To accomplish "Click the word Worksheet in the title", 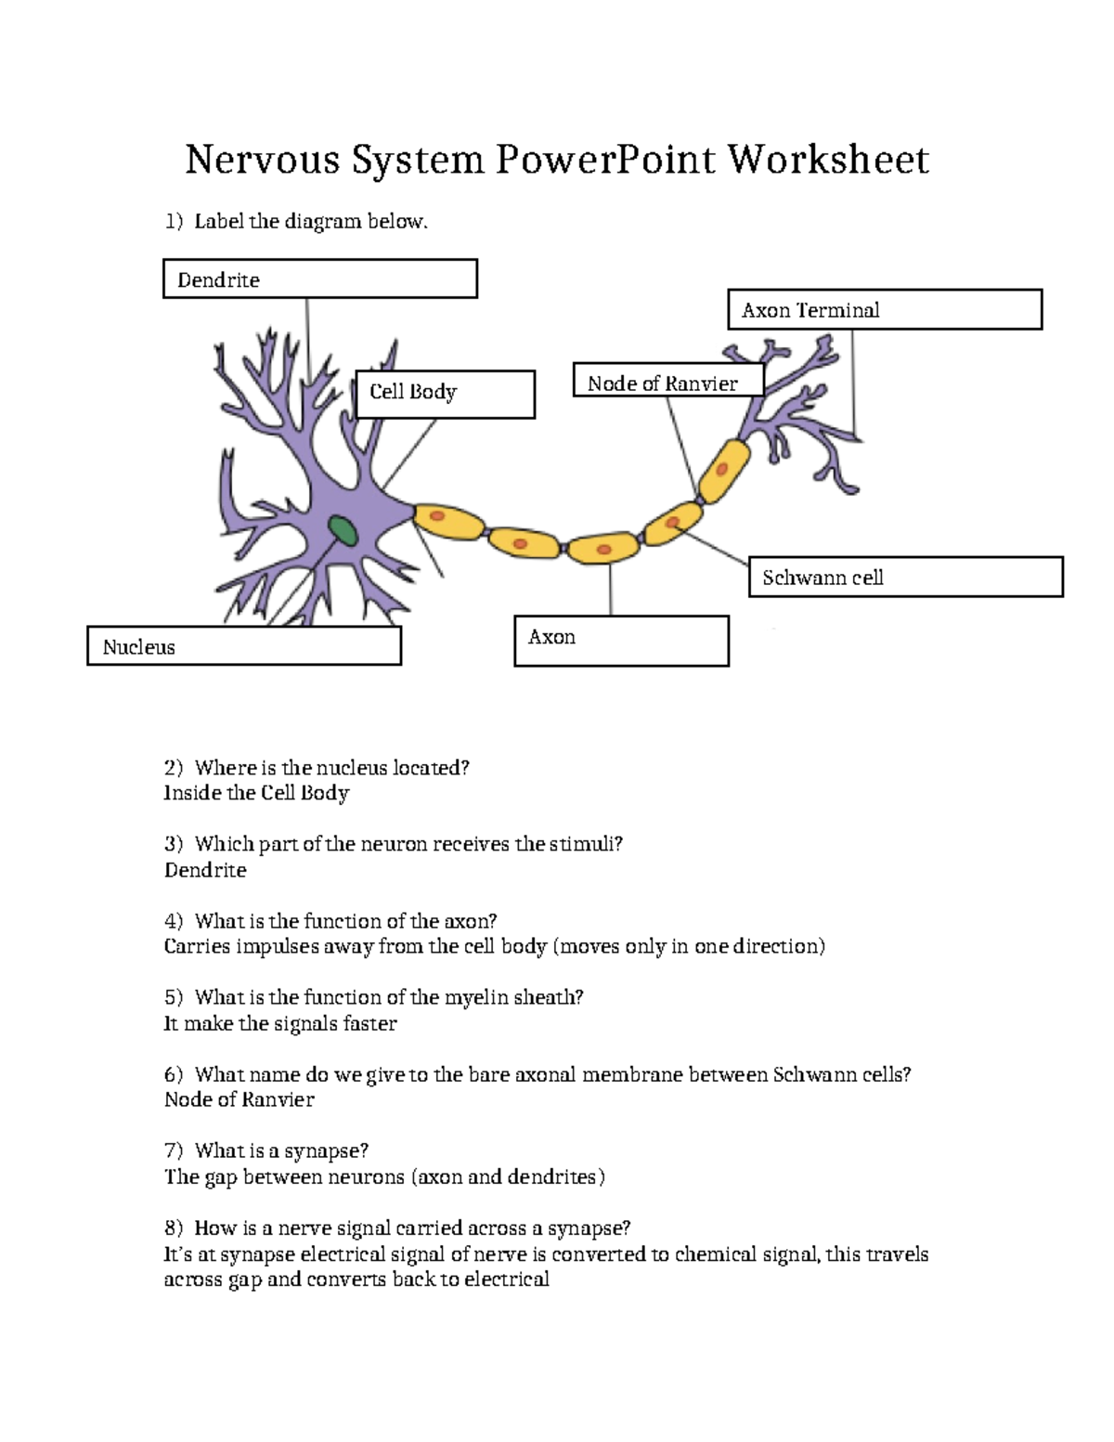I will pos(827,160).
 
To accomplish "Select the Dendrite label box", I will pos(319,279).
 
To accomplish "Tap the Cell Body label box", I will pos(445,394).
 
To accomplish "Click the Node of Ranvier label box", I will pos(667,380).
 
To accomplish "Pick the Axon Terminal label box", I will pos(884,309).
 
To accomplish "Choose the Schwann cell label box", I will pos(905,577).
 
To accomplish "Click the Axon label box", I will pos(621,641).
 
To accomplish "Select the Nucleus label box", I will pos(244,645).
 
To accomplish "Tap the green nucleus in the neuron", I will pos(343,531).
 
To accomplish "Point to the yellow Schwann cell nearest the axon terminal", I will pos(724,470).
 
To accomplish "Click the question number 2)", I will pos(174,768).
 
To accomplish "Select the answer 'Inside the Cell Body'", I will pos(256,793).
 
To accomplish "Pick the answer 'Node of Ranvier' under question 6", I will pos(239,1099).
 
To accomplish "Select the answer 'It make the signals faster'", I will pos(279,1023).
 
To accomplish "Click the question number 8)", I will pos(174,1228).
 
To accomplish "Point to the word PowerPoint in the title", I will pos(605,160).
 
